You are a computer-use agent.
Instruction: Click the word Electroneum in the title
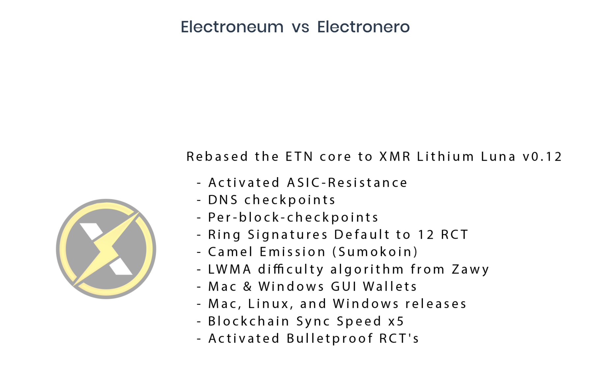click(232, 27)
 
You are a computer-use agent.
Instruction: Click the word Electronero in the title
click(363, 27)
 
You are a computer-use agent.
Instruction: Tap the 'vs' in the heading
click(300, 28)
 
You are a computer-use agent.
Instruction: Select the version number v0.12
click(542, 156)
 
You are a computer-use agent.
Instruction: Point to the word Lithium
click(445, 156)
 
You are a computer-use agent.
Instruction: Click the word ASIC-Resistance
click(347, 182)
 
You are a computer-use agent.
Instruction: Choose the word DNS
click(223, 200)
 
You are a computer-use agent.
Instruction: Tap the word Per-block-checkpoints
click(293, 217)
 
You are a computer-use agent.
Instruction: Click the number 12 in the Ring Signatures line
click(426, 234)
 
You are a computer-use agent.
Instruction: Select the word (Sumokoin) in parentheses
click(375, 252)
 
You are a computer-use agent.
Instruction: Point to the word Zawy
click(470, 269)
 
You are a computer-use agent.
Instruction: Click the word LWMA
click(230, 269)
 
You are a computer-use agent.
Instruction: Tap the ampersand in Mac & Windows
click(248, 287)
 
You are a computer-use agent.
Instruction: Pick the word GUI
click(344, 287)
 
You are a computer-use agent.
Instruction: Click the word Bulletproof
click(330, 339)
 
